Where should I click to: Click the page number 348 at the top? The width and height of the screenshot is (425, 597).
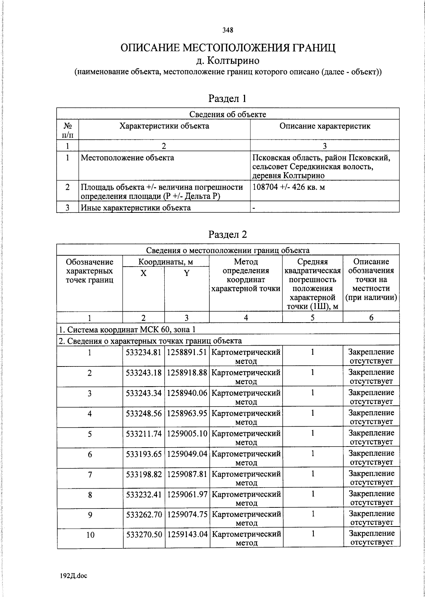(228, 30)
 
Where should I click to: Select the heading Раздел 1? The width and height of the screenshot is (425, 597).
(227, 98)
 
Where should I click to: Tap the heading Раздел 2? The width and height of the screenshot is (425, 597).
(227, 234)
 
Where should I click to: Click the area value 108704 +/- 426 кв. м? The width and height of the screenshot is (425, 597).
(289, 187)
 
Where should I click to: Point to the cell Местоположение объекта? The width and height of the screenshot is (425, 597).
(127, 158)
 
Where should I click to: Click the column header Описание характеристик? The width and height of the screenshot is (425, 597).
(325, 126)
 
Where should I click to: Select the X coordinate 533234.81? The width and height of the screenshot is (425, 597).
(144, 352)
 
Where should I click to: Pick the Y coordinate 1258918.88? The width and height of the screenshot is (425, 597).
(187, 373)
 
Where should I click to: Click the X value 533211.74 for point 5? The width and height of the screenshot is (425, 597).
(144, 433)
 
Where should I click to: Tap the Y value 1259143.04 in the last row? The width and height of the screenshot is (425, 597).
(187, 534)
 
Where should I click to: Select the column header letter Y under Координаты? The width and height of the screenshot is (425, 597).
(187, 273)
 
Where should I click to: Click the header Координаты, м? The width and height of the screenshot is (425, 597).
(166, 262)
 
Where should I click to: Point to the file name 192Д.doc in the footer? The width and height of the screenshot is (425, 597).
(73, 576)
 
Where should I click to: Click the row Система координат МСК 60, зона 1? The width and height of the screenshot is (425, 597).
(127, 330)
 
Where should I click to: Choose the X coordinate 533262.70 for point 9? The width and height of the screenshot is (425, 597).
(144, 514)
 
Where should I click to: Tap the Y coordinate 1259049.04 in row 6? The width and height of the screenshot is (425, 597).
(187, 454)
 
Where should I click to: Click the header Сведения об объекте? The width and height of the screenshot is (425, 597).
(228, 114)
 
